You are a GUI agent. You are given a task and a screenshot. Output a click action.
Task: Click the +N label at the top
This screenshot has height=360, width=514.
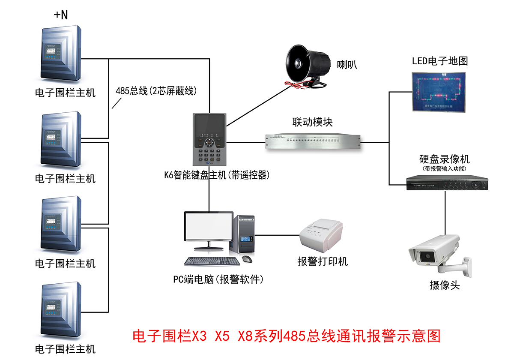(60, 15)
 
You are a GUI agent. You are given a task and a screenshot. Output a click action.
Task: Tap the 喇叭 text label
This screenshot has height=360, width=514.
(347, 65)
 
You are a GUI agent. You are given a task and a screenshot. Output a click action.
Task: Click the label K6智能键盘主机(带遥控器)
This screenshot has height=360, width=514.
(217, 175)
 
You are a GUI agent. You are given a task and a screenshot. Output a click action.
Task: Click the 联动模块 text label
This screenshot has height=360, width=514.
(313, 122)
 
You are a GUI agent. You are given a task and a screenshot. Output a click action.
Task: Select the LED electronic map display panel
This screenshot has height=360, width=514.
(438, 91)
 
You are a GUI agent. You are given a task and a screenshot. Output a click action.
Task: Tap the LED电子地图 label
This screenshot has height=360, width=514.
(440, 61)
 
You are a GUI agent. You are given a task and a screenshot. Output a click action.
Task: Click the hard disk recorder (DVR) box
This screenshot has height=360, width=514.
(447, 183)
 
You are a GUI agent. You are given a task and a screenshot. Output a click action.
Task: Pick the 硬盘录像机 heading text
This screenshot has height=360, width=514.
(444, 159)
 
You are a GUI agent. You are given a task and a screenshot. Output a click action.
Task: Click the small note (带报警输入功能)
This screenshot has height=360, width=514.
(444, 169)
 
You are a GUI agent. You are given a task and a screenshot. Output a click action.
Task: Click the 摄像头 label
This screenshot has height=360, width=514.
(445, 285)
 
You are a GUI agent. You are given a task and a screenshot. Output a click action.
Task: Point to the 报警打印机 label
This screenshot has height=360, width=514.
(323, 261)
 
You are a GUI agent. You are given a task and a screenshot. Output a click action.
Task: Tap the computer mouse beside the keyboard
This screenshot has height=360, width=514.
(247, 259)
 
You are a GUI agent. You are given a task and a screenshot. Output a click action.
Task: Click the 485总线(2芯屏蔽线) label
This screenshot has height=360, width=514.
(156, 91)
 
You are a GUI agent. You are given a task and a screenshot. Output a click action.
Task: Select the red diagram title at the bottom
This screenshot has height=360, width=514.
(287, 336)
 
